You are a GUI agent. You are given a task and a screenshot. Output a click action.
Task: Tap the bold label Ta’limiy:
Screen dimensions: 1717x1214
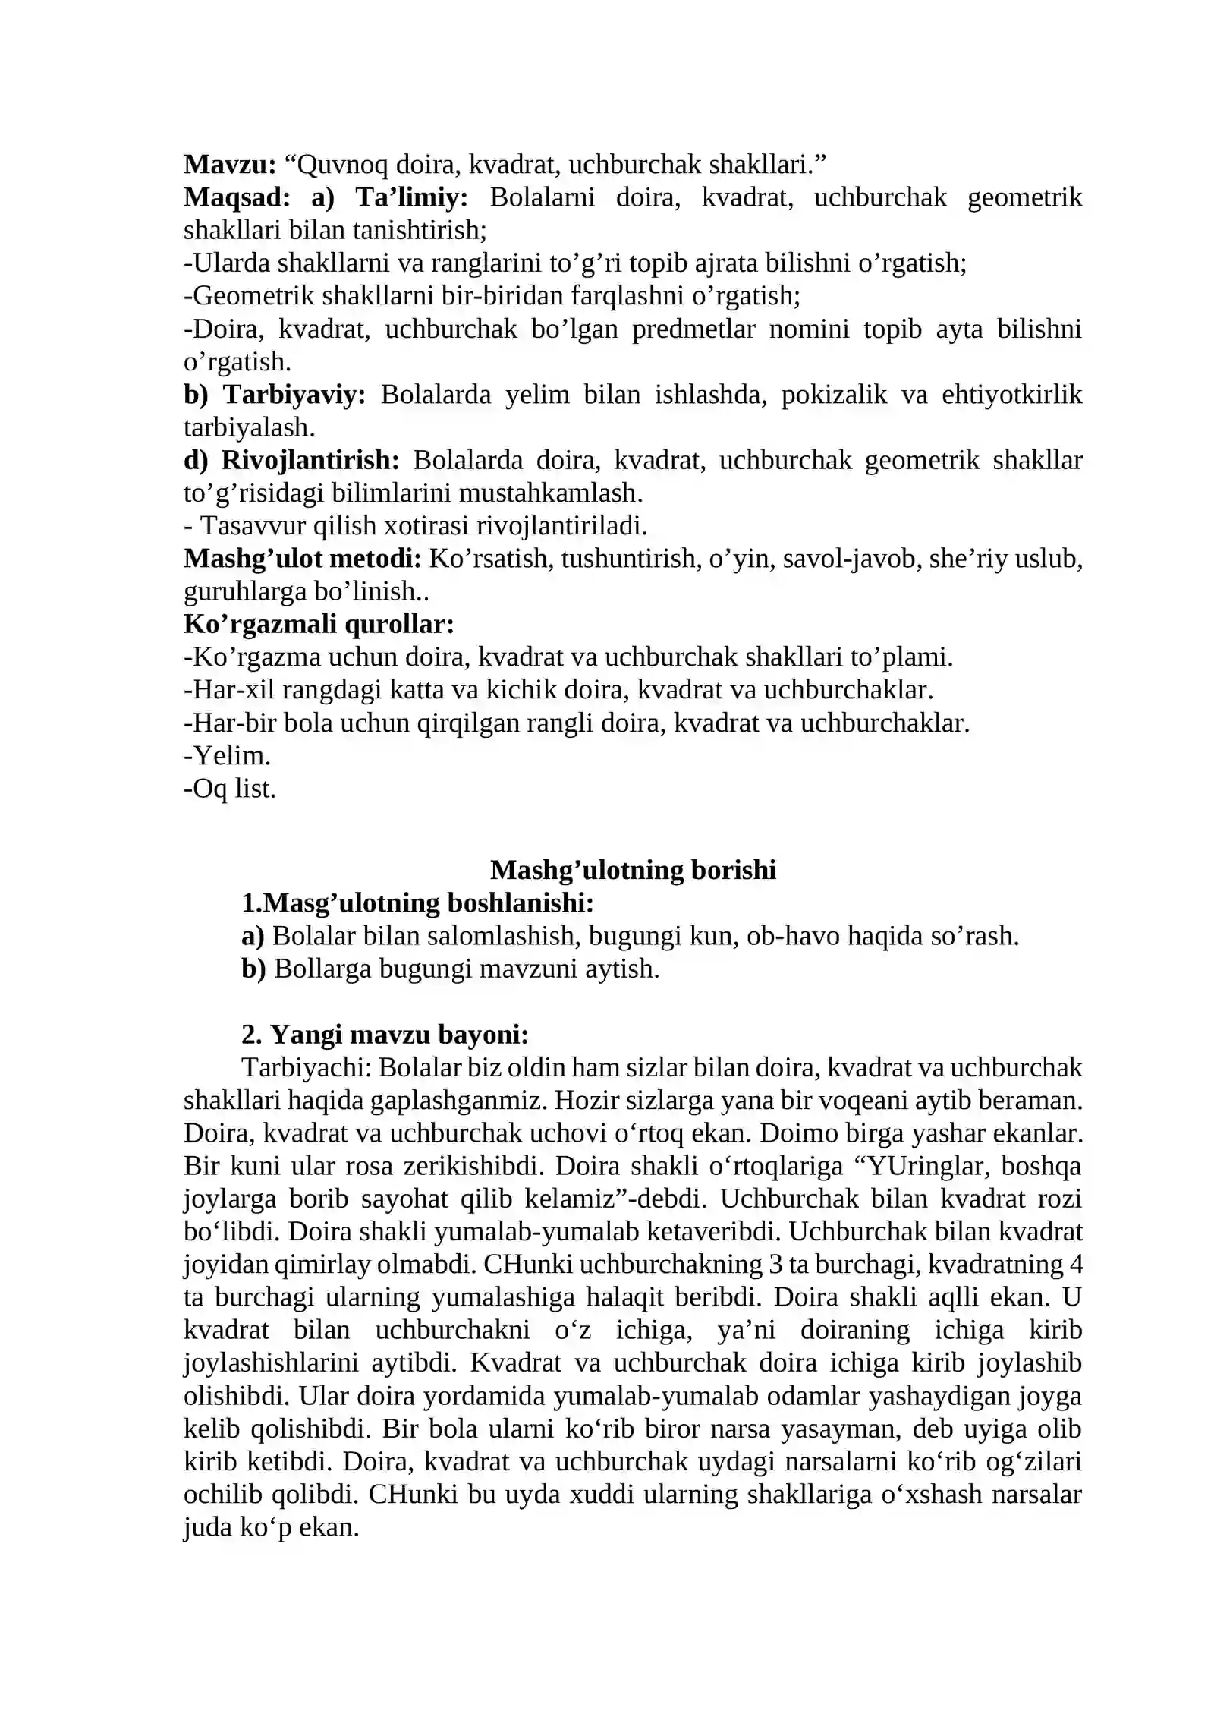[x=411, y=197]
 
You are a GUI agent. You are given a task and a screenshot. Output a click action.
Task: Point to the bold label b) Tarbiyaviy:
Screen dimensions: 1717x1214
[x=275, y=395]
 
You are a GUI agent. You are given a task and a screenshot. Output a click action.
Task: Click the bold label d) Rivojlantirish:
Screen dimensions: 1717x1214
[x=291, y=460]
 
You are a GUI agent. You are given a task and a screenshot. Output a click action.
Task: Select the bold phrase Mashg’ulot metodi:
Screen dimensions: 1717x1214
[x=302, y=559]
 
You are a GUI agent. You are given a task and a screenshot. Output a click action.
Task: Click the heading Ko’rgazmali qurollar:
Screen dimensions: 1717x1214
[x=319, y=624]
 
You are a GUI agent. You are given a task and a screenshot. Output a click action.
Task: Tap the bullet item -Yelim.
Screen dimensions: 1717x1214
[x=227, y=756]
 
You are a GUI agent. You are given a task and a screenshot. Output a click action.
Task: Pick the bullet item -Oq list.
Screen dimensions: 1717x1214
[x=230, y=789]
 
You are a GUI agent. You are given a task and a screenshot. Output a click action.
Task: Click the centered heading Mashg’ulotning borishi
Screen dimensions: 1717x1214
[x=633, y=870]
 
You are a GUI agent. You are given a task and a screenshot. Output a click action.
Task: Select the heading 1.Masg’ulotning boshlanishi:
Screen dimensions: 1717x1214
[x=417, y=903]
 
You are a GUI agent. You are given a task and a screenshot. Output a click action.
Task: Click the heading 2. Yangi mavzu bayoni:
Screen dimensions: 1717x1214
[x=385, y=1035]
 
